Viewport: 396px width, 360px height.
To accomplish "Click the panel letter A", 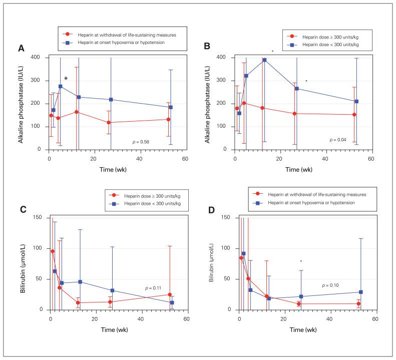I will pos(22,49).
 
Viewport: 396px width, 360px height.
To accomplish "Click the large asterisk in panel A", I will pos(66,79).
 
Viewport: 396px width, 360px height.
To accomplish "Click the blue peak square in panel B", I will pos(264,60).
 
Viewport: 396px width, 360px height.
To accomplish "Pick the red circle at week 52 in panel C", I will pos(170,294).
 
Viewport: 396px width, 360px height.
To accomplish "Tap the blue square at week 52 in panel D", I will pos(360,292).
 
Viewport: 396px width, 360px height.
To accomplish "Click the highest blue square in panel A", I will pos(61,86).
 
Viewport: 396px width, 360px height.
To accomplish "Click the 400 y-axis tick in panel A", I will pos(37,57).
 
